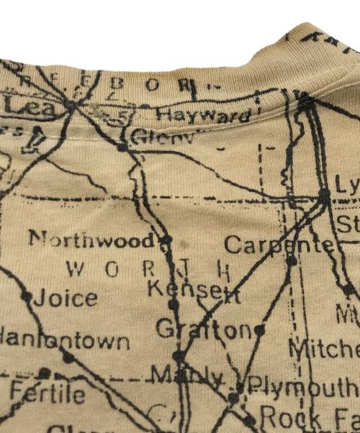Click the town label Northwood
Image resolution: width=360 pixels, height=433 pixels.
click(x=90, y=240)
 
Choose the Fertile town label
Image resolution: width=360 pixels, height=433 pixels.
click(x=48, y=393)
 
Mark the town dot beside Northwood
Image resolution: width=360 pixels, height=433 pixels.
click(x=166, y=240)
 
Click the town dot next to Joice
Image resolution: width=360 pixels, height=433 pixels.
click(x=27, y=295)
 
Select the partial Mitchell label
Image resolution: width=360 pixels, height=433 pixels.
click(x=323, y=350)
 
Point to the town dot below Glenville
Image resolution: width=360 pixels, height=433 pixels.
click(x=122, y=147)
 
